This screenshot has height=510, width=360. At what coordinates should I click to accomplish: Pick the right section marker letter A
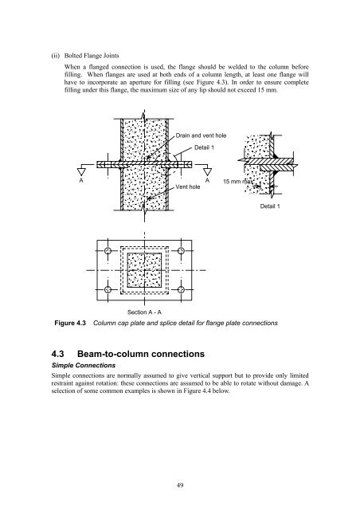click(x=207, y=180)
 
